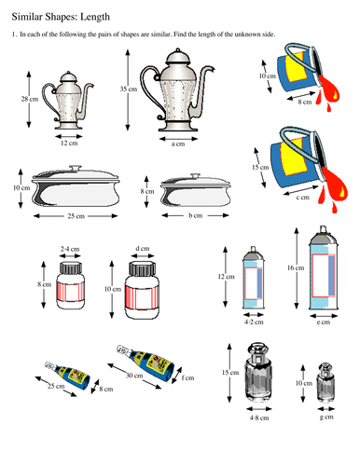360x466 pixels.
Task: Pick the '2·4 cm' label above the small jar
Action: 68,250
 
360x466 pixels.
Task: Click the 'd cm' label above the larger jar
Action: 142,249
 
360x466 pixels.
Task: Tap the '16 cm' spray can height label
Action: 297,267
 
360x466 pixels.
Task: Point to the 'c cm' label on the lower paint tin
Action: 304,197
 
